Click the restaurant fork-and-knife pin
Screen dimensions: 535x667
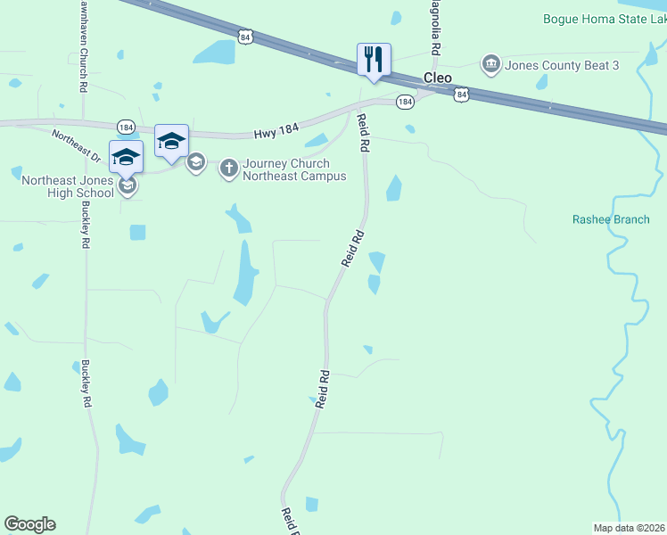[374, 60]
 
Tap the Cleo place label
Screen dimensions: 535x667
[437, 78]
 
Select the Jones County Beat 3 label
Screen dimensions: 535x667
[562, 65]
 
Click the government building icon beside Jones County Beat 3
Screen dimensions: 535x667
[490, 64]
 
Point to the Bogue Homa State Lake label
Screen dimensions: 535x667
[604, 19]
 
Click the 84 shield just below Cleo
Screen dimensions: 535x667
[460, 93]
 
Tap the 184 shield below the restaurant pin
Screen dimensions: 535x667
[405, 103]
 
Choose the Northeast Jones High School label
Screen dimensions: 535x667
[68, 186]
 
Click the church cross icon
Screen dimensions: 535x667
[229, 167]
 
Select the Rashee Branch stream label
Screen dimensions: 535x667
[611, 219]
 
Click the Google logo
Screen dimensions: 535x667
[29, 524]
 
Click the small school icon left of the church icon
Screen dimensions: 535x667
[196, 163]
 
